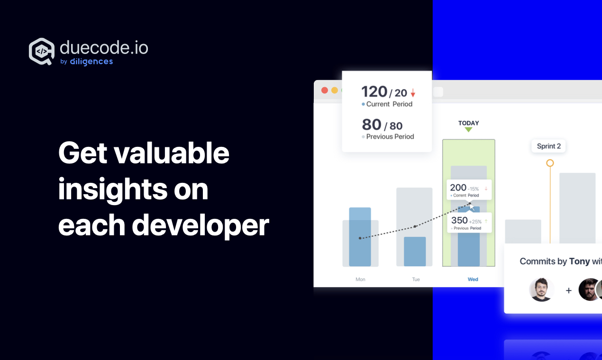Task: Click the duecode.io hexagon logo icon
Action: pyautogui.click(x=42, y=51)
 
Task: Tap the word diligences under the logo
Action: pyautogui.click(x=91, y=62)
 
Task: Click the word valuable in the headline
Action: pyautogui.click(x=171, y=153)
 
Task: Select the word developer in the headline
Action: pyautogui.click(x=201, y=225)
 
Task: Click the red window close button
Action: pyautogui.click(x=325, y=90)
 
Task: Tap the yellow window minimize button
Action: pyautogui.click(x=335, y=90)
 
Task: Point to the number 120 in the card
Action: pyautogui.click(x=374, y=91)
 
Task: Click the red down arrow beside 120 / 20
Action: pyautogui.click(x=413, y=93)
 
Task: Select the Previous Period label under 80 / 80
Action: pyautogui.click(x=390, y=137)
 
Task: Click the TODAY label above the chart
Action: pyautogui.click(x=469, y=123)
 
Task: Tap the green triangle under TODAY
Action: pyautogui.click(x=468, y=130)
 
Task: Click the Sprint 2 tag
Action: pyautogui.click(x=548, y=146)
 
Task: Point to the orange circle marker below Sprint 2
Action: pyautogui.click(x=550, y=163)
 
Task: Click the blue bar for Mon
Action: pyautogui.click(x=360, y=237)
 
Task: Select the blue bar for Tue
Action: pyautogui.click(x=415, y=252)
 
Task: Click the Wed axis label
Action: pyautogui.click(x=473, y=279)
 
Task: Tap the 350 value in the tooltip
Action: pyautogui.click(x=459, y=220)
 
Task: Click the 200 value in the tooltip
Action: pyautogui.click(x=458, y=188)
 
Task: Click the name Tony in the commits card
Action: pyautogui.click(x=579, y=261)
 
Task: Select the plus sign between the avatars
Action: pyautogui.click(x=569, y=290)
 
